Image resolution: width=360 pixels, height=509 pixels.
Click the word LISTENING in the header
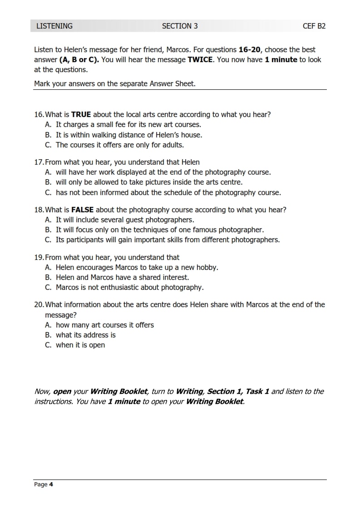54,26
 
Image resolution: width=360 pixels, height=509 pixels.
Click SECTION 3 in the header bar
180,26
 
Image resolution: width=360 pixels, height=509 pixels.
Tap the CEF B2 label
314,26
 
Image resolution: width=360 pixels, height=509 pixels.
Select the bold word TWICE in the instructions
200,59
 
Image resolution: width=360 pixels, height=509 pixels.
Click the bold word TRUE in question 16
81,114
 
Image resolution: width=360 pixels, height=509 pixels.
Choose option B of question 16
128,135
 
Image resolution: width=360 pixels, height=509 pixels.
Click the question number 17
39,162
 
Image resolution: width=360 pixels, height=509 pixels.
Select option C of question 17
168,192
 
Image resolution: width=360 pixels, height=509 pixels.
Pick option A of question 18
124,220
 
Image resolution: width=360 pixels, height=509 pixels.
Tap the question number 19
39,257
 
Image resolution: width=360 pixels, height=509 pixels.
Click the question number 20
39,304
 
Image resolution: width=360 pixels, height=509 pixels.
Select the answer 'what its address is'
85,335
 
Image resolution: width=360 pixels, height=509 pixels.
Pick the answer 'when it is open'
80,345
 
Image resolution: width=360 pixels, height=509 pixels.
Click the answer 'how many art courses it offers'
104,325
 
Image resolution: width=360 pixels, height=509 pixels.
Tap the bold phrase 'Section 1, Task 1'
238,391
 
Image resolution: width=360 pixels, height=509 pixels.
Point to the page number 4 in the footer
51,485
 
